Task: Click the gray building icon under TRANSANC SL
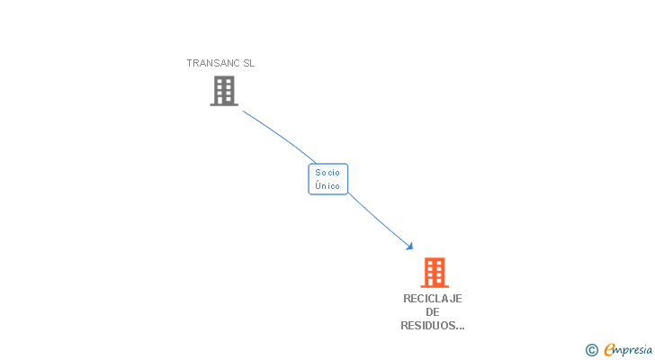click(224, 91)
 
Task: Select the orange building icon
click(434, 272)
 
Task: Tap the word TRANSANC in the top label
click(213, 63)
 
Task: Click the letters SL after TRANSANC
click(248, 63)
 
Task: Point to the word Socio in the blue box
click(327, 172)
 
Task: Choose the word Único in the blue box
click(327, 185)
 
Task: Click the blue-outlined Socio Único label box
click(327, 178)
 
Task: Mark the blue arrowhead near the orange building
click(409, 246)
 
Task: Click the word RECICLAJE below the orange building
click(433, 299)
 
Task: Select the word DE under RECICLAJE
click(433, 312)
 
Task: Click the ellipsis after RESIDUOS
click(460, 328)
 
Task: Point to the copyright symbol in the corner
click(592, 350)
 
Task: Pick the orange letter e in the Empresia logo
click(609, 350)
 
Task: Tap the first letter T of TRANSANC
click(189, 63)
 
